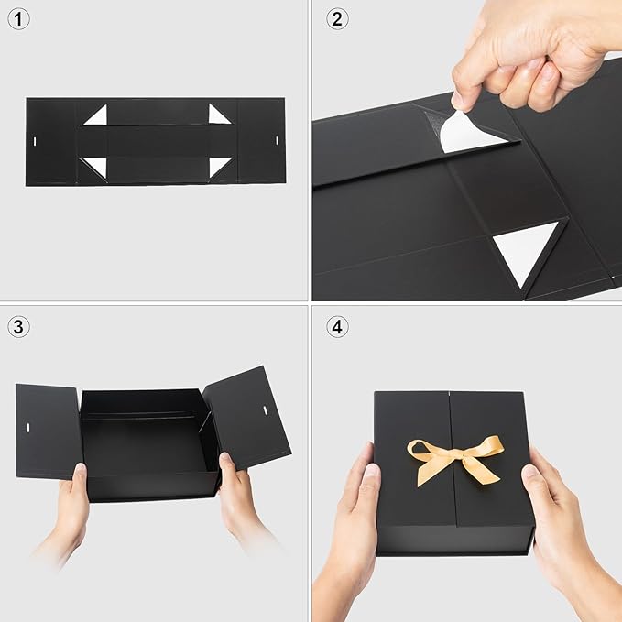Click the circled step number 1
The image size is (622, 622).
coord(19,18)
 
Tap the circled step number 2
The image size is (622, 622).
coord(337,18)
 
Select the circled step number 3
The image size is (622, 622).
coord(19,326)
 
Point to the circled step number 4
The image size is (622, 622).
coord(337,326)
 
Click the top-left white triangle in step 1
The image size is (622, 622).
coord(97,116)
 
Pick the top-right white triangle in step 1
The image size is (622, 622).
coord(218,115)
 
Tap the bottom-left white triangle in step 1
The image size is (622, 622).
coord(96,166)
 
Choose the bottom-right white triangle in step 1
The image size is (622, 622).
coord(218,166)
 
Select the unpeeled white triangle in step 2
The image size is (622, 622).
coord(529,249)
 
